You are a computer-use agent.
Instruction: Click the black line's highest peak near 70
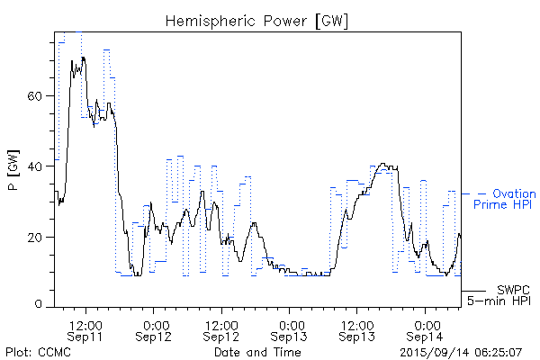pyautogui.click(x=83, y=58)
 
